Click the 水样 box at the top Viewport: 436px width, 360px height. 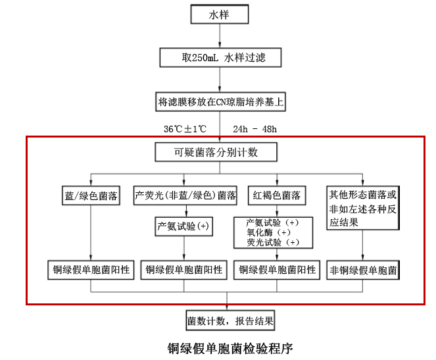[x=219, y=14]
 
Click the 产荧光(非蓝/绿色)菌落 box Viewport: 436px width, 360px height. [x=185, y=195]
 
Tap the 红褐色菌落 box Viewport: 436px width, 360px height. [x=277, y=195]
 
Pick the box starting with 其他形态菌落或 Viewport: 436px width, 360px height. [x=363, y=207]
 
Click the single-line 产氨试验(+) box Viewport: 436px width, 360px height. [x=183, y=226]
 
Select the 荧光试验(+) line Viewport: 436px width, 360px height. [x=272, y=242]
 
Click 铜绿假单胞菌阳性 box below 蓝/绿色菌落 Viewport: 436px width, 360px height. [x=91, y=269]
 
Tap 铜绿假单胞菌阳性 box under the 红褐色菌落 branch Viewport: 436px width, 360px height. [x=276, y=269]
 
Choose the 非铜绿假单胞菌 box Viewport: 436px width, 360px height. [x=363, y=269]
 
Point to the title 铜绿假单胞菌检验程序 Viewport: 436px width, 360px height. [x=230, y=347]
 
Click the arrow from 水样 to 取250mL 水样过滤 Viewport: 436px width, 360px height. [x=220, y=36]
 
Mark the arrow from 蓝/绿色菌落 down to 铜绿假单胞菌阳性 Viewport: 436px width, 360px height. [x=91, y=233]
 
